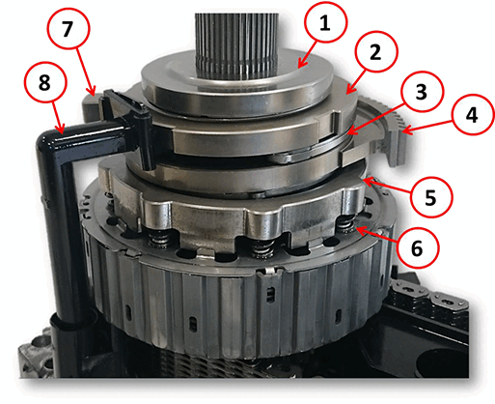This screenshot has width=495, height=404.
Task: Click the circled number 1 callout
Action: pyautogui.click(x=325, y=21)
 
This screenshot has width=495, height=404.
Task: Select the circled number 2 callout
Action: pyautogui.click(x=376, y=52)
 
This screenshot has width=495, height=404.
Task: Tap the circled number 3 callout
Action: pyautogui.click(x=422, y=92)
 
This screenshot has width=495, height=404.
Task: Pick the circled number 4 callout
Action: pyautogui.click(x=472, y=115)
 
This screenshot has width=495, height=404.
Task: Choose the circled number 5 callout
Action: pyautogui.click(x=430, y=196)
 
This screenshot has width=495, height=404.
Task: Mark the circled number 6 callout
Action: pyautogui.click(x=417, y=247)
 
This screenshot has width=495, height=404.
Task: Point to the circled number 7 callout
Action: pyautogui.click(x=68, y=28)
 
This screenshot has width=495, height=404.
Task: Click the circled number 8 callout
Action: pyautogui.click(x=45, y=82)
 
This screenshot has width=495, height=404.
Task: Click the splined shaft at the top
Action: pyautogui.click(x=236, y=45)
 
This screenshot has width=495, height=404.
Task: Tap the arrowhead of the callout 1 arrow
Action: pyautogui.click(x=300, y=65)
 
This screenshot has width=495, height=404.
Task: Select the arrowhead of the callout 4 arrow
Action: pyautogui.click(x=403, y=130)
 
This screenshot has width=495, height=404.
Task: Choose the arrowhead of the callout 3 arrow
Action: pyautogui.click(x=350, y=131)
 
